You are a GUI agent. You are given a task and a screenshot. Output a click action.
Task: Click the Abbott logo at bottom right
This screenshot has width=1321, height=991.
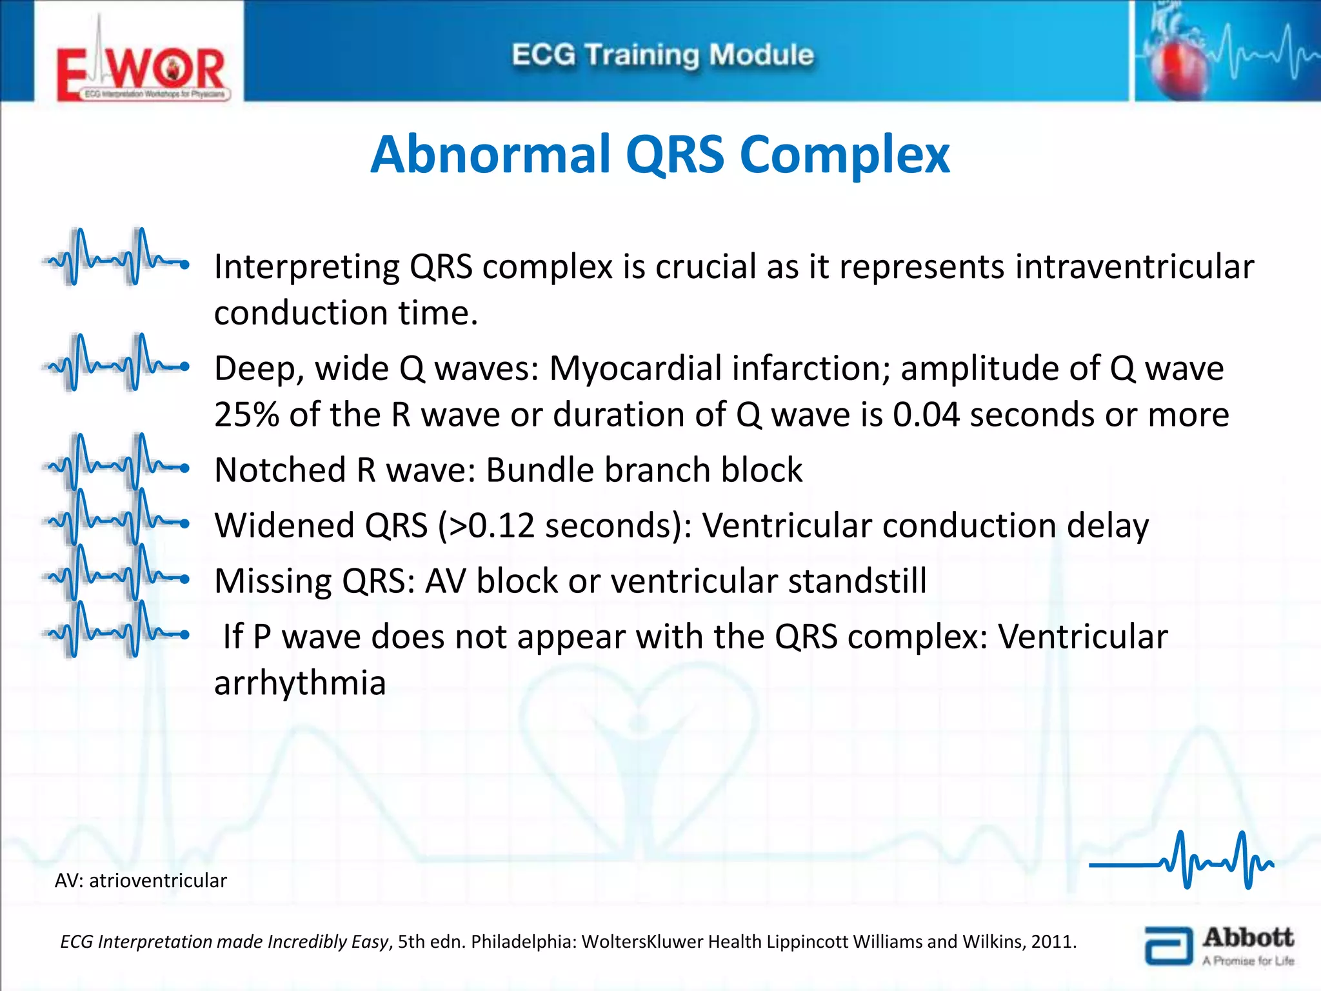[1219, 945]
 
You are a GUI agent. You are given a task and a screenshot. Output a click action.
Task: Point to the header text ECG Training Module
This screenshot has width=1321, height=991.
[662, 55]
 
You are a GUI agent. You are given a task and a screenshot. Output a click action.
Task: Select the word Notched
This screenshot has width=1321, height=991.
[281, 470]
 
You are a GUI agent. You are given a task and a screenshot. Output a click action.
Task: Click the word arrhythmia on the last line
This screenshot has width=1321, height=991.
[300, 683]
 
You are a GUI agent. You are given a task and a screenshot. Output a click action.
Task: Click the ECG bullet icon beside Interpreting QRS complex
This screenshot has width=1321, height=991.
[116, 258]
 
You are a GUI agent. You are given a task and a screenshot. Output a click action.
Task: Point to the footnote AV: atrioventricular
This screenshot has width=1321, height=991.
[141, 881]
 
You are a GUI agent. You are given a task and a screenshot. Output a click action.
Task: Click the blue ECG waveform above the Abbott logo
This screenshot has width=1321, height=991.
[1182, 861]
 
